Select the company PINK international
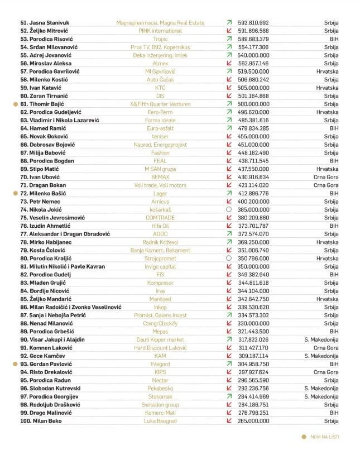click(160, 31)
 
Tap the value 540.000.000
click(253, 55)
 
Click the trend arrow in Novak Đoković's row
click(229, 136)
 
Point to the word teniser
click(160, 136)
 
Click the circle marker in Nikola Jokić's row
click(229, 209)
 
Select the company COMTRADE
click(160, 217)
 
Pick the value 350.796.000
click(253, 258)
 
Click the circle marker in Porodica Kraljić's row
click(229, 258)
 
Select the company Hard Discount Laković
click(160, 347)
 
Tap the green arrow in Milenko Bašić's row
click(229, 193)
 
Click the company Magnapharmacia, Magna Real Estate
click(160, 23)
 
